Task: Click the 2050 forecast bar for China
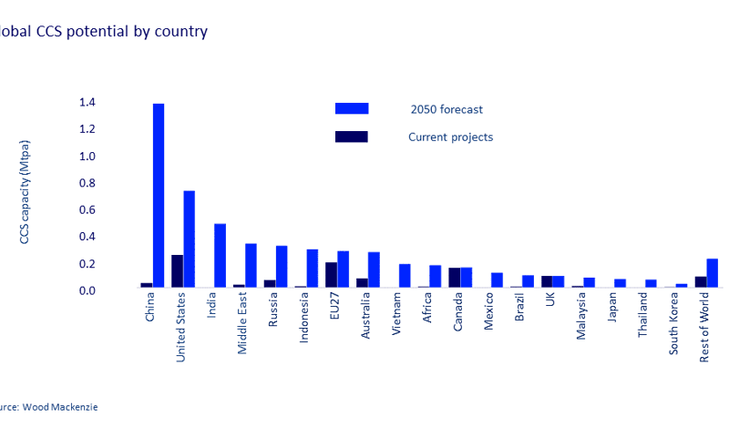[159, 196]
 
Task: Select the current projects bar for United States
[177, 270]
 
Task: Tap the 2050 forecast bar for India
[220, 255]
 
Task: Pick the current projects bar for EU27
[331, 274]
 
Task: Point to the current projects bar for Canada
[454, 277]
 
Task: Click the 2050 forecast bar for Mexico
[497, 279]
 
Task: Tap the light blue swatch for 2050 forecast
[352, 108]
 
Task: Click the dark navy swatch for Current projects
[352, 137]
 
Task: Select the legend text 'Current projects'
[450, 137]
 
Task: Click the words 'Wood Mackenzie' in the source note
[62, 407]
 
